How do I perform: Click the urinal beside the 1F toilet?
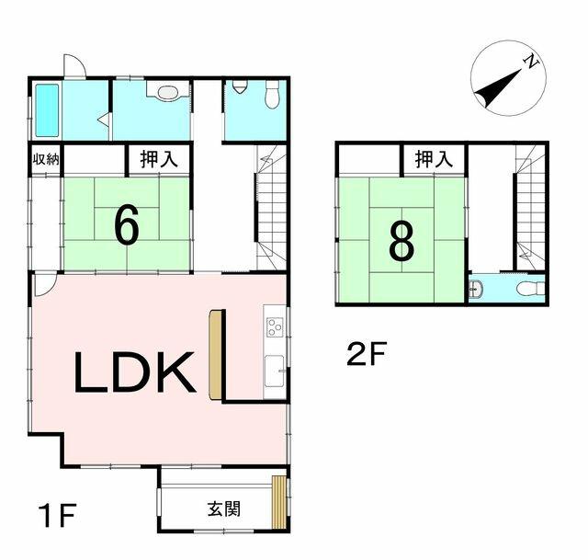pyautogui.click(x=240, y=88)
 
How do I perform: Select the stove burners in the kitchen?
pyautogui.click(x=275, y=327)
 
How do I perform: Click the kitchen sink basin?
pyautogui.click(x=275, y=372)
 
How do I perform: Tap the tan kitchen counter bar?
pyautogui.click(x=216, y=355)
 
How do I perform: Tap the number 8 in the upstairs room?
pyautogui.click(x=401, y=241)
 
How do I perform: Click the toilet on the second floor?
pyautogui.click(x=527, y=290)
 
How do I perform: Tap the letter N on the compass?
pyautogui.click(x=530, y=62)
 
